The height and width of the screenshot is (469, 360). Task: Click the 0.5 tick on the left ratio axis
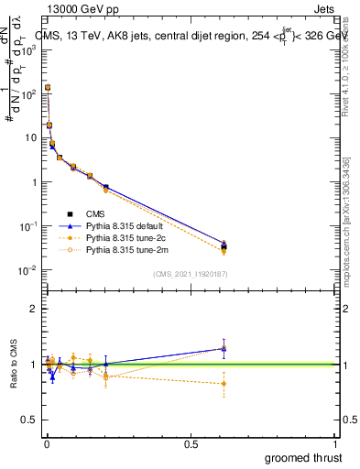(x=33, y=420)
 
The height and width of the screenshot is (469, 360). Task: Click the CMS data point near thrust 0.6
(x=224, y=246)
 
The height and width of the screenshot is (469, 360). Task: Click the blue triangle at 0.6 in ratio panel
(x=224, y=348)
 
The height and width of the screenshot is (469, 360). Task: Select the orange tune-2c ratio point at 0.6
(x=224, y=384)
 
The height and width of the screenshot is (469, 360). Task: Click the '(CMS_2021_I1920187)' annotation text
(x=191, y=274)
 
